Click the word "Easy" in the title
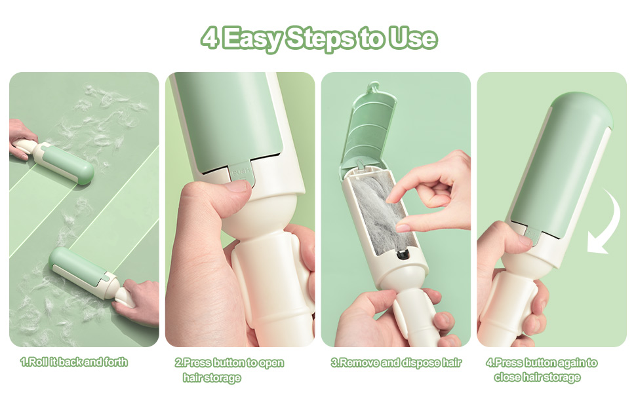(x=252, y=39)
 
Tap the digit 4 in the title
(x=210, y=37)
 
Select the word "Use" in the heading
(x=413, y=38)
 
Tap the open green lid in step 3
(x=367, y=126)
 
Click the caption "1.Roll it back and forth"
(x=74, y=362)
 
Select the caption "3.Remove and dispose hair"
(x=396, y=363)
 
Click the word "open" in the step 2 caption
(x=271, y=363)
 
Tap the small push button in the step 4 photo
(x=532, y=236)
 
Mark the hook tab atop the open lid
(x=372, y=88)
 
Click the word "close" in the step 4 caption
(x=508, y=377)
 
